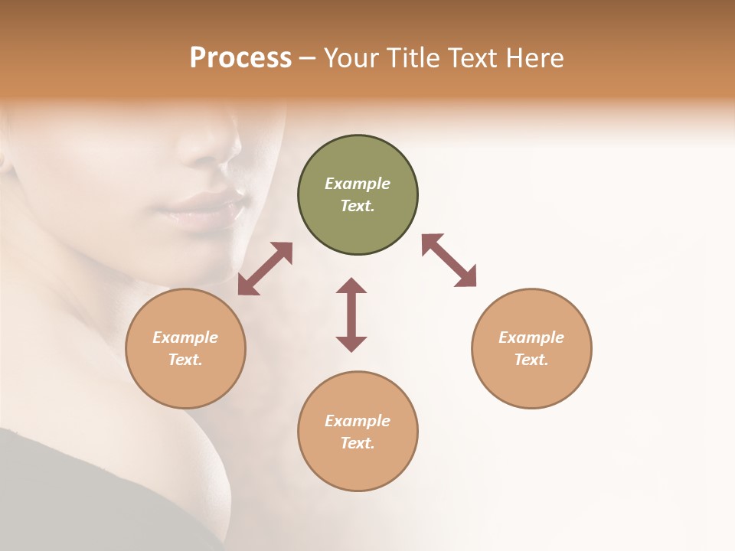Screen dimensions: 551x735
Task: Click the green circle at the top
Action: click(x=358, y=195)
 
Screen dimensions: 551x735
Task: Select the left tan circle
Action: click(x=185, y=348)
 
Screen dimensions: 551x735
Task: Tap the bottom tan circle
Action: click(x=358, y=432)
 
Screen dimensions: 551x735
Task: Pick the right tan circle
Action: click(x=531, y=348)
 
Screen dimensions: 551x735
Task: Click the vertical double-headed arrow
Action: click(x=351, y=315)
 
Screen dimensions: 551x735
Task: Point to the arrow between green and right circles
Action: click(x=449, y=260)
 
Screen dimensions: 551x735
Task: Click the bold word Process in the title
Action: click(x=240, y=57)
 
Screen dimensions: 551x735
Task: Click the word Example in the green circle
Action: click(x=358, y=184)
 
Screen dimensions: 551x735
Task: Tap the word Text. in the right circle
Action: click(x=531, y=360)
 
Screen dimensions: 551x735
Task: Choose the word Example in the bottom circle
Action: click(x=358, y=421)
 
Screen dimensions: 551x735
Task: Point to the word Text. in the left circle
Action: click(x=185, y=360)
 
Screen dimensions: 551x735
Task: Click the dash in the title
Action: click(x=308, y=58)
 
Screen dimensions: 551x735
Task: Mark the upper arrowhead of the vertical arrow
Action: click(x=351, y=287)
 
